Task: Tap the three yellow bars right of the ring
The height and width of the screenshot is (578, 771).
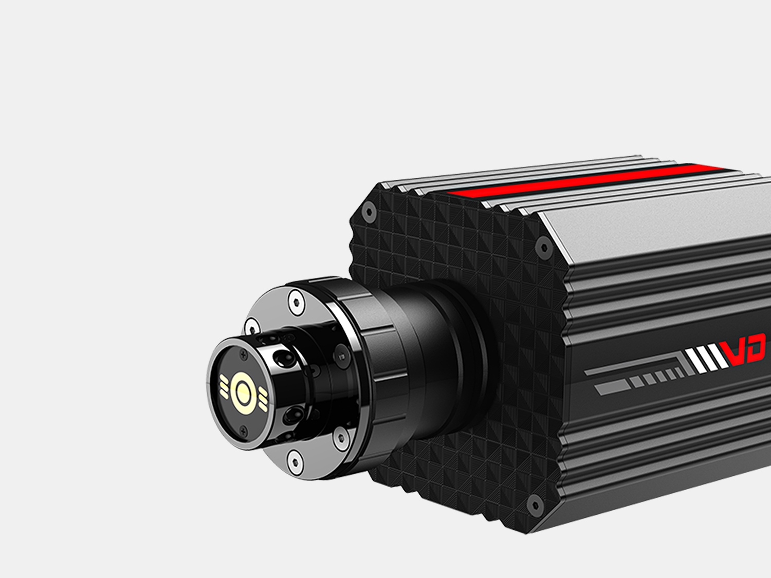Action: pyautogui.click(x=263, y=400)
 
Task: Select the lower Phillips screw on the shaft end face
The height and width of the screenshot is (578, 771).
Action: pyautogui.click(x=243, y=431)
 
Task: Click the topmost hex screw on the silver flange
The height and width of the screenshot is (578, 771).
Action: pyautogui.click(x=296, y=302)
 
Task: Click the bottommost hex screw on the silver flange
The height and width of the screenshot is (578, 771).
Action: pyautogui.click(x=295, y=461)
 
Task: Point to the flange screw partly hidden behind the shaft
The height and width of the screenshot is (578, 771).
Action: pyautogui.click(x=251, y=326)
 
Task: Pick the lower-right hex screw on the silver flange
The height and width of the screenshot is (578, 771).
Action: pyautogui.click(x=341, y=438)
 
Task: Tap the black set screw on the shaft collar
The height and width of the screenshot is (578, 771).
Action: pyautogui.click(x=341, y=357)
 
